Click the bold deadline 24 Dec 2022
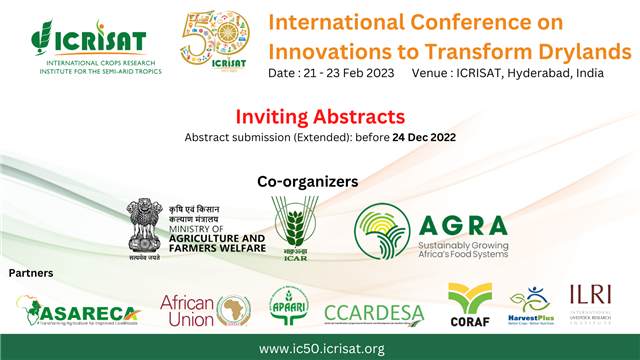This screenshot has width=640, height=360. (x=424, y=137)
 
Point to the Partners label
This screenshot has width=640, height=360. (x=31, y=272)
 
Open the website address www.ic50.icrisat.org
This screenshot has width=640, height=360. (x=321, y=348)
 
